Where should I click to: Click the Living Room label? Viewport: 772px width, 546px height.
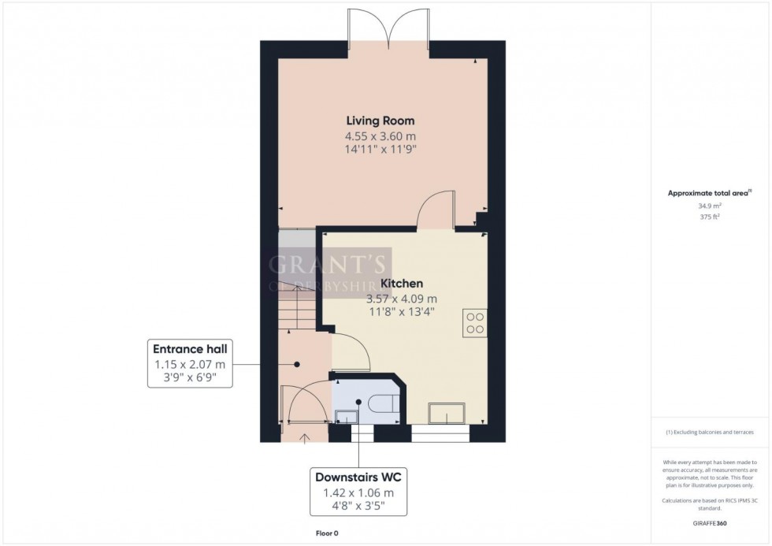click(x=380, y=121)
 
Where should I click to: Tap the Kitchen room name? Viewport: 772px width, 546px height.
click(x=402, y=283)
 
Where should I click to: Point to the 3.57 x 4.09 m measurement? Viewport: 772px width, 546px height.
click(x=402, y=299)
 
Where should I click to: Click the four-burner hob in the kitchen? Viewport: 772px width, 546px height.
click(x=475, y=322)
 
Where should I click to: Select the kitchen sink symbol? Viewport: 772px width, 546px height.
click(x=446, y=414)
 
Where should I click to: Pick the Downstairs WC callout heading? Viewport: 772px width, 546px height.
click(x=359, y=477)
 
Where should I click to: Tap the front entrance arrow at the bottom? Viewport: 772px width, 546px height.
click(x=305, y=435)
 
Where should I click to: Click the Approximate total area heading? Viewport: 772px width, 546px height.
click(x=709, y=193)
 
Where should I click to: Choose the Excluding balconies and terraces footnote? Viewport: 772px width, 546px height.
click(x=710, y=433)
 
